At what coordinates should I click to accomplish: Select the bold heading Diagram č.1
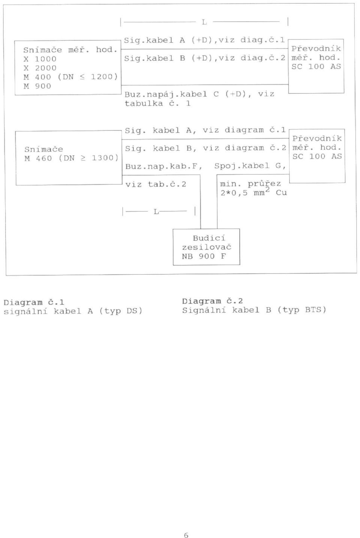[x=34, y=302]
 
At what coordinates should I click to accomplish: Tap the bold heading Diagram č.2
[x=212, y=301]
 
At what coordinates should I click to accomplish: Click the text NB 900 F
[x=204, y=256]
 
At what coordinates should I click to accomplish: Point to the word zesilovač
[x=207, y=247]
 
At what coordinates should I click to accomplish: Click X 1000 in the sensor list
[x=40, y=59]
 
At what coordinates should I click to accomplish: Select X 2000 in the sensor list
[x=40, y=68]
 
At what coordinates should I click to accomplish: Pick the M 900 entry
[x=37, y=86]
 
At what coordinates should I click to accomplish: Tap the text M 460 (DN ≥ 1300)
[x=71, y=158]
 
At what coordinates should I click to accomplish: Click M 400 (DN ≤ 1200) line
[x=71, y=77]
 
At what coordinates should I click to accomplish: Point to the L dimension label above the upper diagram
[x=204, y=22]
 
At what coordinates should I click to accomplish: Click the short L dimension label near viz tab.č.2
[x=156, y=212]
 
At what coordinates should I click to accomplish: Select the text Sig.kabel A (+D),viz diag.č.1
[x=204, y=40]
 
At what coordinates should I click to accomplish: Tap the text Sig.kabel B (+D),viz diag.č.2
[x=205, y=58]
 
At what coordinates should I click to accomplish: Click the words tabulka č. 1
[x=158, y=103]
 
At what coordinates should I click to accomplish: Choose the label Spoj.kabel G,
[x=250, y=166]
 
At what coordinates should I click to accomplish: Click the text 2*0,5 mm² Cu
[x=254, y=192]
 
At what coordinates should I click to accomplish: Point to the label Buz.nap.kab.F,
[x=164, y=166]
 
